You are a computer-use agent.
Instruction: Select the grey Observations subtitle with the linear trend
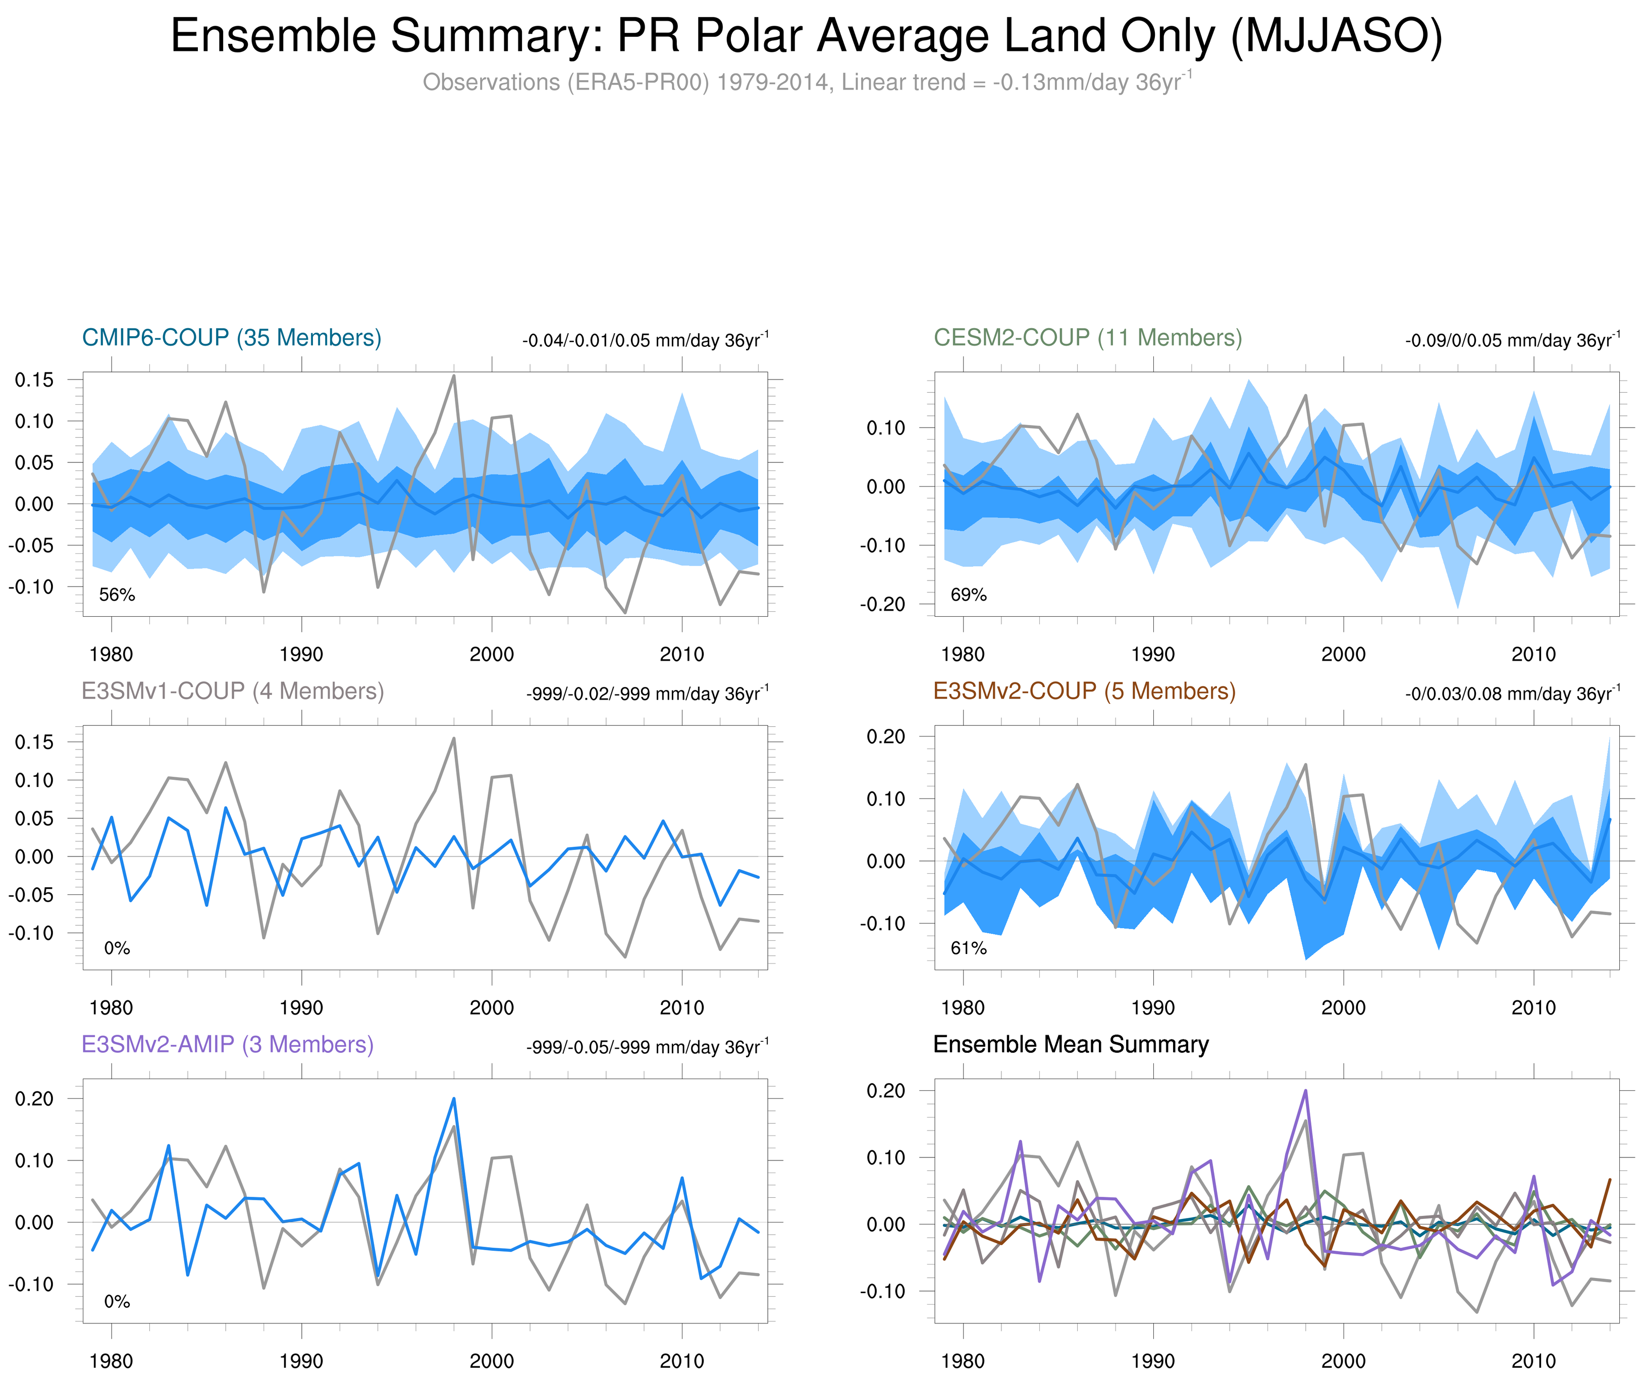(x=806, y=82)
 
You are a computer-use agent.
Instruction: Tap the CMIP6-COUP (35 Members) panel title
(x=232, y=338)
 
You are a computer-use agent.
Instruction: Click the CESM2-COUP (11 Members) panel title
(x=1087, y=338)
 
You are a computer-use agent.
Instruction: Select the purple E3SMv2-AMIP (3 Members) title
(x=228, y=1044)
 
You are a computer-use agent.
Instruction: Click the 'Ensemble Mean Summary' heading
(x=1071, y=1044)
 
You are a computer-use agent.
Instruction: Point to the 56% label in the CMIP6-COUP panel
(x=117, y=595)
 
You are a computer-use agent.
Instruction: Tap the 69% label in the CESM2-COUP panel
(x=968, y=595)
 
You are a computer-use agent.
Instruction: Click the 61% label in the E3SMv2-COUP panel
(x=968, y=948)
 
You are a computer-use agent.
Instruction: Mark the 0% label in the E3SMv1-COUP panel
(x=117, y=948)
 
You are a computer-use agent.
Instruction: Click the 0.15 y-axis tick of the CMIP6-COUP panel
(x=34, y=380)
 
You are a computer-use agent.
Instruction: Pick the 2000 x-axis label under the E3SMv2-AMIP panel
(x=492, y=1361)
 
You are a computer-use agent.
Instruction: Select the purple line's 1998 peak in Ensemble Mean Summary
(x=1306, y=1091)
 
